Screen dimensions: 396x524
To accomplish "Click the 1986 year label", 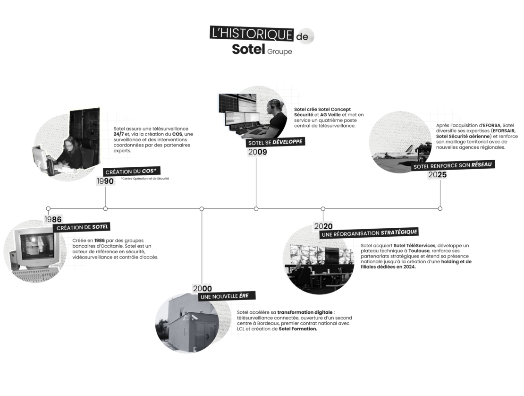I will [54, 219].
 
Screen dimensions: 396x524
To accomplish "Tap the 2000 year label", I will [202, 288].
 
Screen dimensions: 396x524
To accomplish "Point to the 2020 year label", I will [323, 226].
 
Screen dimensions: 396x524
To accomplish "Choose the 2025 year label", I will [438, 175].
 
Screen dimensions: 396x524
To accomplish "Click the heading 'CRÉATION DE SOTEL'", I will [83, 227].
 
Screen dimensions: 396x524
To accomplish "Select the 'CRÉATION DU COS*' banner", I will [131, 171].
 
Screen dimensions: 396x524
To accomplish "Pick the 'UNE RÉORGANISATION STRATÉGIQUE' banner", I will [369, 233].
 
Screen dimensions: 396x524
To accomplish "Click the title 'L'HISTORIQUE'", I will [252, 34].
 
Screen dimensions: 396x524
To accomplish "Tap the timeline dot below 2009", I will [256, 208].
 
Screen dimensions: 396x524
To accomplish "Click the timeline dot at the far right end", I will [440, 208].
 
